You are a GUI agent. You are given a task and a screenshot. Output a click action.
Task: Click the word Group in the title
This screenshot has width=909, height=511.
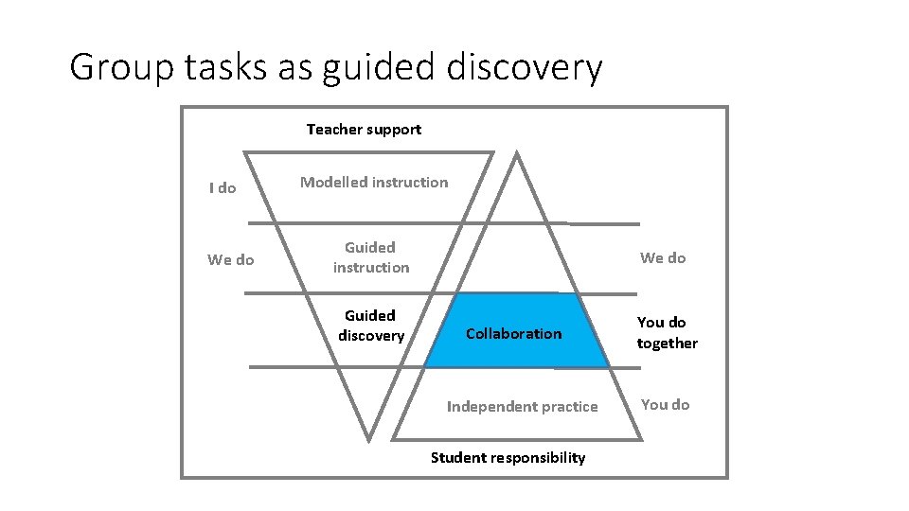pyautogui.click(x=120, y=68)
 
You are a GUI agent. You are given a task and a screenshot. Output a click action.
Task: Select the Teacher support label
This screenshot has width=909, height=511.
pyautogui.click(x=364, y=130)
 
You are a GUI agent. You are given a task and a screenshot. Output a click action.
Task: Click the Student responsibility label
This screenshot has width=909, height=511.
pyautogui.click(x=508, y=458)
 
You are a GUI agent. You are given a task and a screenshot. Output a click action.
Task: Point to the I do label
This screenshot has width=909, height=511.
pyautogui.click(x=223, y=187)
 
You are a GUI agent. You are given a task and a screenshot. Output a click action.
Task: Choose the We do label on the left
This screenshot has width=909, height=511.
pyautogui.click(x=231, y=259)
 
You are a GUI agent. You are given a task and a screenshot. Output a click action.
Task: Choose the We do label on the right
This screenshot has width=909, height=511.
pyautogui.click(x=663, y=257)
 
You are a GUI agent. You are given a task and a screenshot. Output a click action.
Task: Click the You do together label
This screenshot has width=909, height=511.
pyautogui.click(x=667, y=333)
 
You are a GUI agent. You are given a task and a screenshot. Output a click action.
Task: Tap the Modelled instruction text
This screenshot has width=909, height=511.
pyautogui.click(x=374, y=182)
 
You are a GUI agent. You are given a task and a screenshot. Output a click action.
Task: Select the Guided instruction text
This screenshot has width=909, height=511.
pyautogui.click(x=371, y=257)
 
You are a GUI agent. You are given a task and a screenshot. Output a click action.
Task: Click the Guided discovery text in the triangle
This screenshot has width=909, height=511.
pyautogui.click(x=371, y=326)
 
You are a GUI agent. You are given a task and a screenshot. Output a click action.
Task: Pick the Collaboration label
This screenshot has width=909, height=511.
pyautogui.click(x=513, y=333)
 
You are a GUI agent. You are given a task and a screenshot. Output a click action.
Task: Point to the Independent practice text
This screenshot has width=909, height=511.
pyautogui.click(x=523, y=407)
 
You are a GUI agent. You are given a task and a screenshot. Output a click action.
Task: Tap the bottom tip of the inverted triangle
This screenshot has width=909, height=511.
pyautogui.click(x=368, y=439)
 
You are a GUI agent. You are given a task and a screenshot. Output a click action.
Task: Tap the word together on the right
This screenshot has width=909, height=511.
pyautogui.click(x=667, y=344)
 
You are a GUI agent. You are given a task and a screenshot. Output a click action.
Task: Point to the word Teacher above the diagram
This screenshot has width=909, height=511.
pyautogui.click(x=332, y=130)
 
